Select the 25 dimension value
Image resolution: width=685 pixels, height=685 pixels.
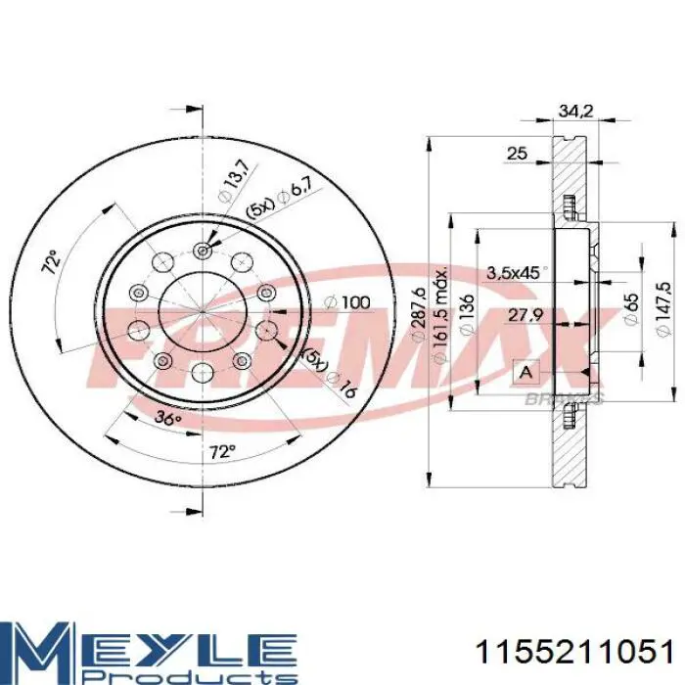click(x=517, y=152)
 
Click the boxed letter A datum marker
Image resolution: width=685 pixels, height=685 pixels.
click(x=526, y=373)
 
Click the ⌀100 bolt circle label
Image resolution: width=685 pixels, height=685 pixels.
click(x=349, y=303)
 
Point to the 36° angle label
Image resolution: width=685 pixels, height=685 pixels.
click(x=169, y=418)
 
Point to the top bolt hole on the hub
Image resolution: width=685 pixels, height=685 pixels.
click(x=203, y=250)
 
